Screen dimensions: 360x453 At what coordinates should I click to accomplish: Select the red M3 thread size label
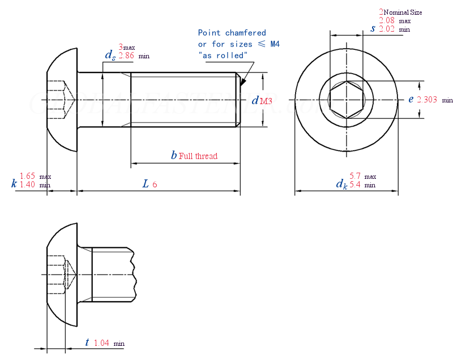(266, 101)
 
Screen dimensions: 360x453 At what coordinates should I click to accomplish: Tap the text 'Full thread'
(198, 156)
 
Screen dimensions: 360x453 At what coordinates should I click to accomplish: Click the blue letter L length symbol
(146, 183)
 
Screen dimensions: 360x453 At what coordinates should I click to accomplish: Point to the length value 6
(155, 184)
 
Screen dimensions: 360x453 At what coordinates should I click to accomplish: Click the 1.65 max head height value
(28, 177)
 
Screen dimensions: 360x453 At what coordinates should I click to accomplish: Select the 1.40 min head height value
(28, 185)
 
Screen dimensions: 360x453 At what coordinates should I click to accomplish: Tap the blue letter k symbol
(14, 183)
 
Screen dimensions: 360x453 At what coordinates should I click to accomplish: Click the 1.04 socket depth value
(101, 343)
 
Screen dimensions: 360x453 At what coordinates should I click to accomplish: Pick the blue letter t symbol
(87, 342)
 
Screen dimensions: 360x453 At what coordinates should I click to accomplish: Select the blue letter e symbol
(411, 99)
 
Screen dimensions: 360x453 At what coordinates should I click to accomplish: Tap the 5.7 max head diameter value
(355, 177)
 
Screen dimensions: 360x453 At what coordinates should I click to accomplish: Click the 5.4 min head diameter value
(355, 185)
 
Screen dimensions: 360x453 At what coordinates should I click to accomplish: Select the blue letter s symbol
(373, 28)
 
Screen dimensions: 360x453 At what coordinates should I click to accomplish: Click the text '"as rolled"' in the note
(223, 55)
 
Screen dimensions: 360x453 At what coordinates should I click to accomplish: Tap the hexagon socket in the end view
(346, 100)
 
